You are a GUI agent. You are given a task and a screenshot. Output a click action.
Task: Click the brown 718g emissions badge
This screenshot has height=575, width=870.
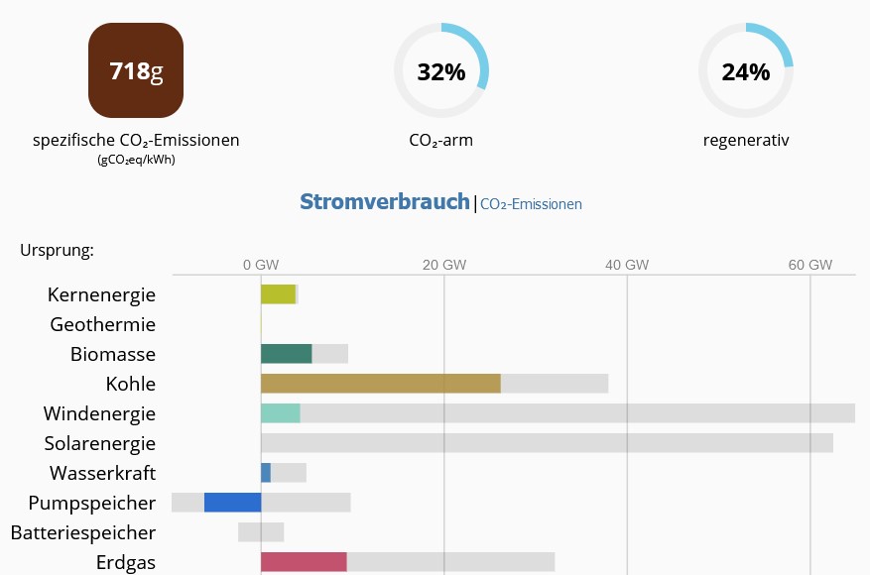click(x=136, y=70)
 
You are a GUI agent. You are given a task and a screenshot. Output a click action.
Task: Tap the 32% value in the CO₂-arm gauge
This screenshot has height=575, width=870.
click(x=440, y=72)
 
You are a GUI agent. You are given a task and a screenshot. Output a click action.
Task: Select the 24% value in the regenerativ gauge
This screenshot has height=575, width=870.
click(x=745, y=72)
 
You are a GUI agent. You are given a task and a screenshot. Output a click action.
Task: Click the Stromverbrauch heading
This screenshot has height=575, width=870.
click(x=384, y=202)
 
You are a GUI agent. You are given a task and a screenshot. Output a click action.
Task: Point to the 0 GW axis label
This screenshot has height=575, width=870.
click(x=260, y=265)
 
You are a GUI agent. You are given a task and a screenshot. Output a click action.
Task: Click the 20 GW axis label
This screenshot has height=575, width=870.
click(x=443, y=265)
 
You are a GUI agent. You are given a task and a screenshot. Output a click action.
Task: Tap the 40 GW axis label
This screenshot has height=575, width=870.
click(x=627, y=265)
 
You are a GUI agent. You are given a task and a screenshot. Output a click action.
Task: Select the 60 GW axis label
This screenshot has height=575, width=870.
click(x=809, y=265)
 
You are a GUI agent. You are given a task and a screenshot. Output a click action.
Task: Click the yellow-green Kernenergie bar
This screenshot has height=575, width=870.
click(x=278, y=294)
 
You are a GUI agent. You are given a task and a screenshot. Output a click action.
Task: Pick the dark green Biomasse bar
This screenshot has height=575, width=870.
click(x=286, y=354)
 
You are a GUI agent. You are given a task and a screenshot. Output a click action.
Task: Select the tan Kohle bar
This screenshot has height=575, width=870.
click(x=380, y=384)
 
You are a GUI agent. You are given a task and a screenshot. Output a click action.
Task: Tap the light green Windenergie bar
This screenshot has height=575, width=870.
click(x=280, y=413)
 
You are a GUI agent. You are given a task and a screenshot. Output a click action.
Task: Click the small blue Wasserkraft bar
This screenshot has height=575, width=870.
click(x=266, y=473)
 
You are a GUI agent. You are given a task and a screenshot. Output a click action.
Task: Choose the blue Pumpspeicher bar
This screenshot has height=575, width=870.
click(x=232, y=503)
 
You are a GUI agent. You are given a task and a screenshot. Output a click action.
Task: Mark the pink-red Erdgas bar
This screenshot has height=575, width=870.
click(x=304, y=562)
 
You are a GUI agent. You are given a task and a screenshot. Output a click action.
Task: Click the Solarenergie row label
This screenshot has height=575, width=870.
click(x=99, y=443)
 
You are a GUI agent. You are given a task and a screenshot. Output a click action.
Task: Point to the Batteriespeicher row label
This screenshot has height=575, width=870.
click(x=83, y=532)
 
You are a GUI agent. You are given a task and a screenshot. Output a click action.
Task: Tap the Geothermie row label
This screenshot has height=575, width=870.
click(x=102, y=324)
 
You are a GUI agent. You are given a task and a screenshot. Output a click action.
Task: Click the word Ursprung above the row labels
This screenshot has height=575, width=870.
click(x=57, y=250)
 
